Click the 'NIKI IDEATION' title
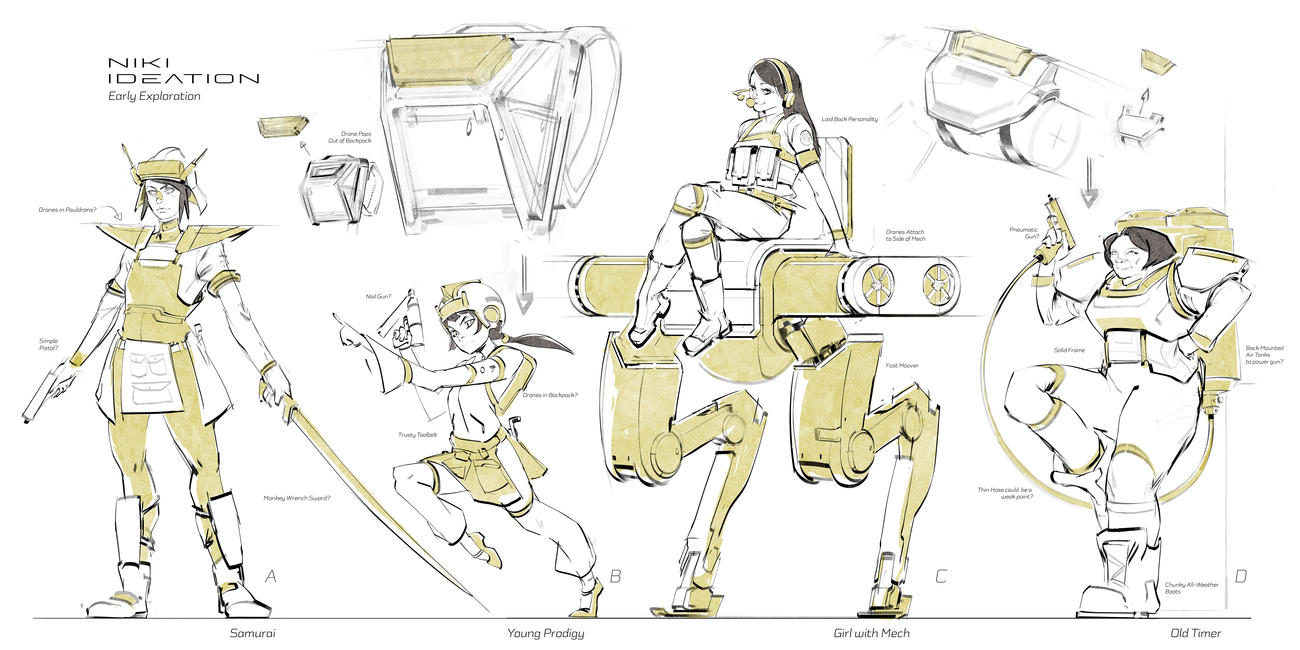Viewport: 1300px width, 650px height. (x=184, y=71)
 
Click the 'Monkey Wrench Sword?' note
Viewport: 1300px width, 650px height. (x=297, y=498)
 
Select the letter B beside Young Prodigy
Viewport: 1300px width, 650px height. (x=615, y=576)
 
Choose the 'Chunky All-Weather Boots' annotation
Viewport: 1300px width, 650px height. (x=1191, y=588)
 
